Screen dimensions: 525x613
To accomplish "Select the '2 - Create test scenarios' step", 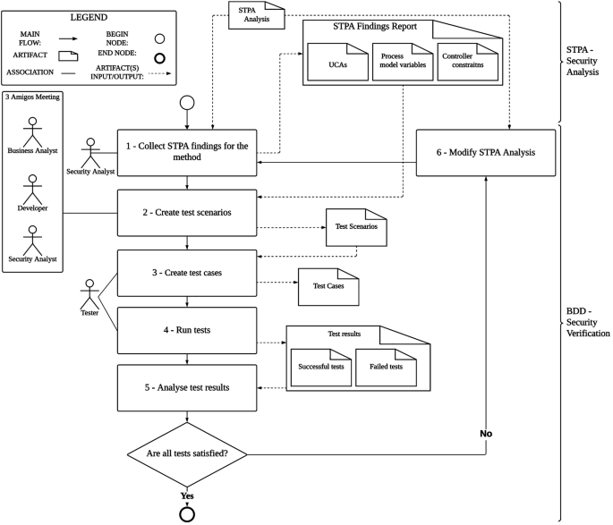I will point(186,214).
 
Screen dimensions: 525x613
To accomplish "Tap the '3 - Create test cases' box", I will point(186,273).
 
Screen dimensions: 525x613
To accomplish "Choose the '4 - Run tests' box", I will point(186,330).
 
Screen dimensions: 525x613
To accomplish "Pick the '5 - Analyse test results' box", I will point(186,387).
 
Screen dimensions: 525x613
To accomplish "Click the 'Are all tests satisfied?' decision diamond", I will point(186,454).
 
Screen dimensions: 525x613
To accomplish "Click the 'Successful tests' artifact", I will point(319,366).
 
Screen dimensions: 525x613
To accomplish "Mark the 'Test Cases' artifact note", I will point(327,286).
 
